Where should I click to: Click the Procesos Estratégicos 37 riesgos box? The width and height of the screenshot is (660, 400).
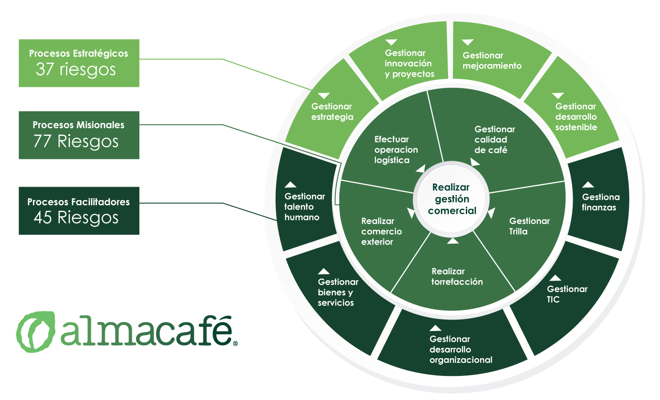point(79,63)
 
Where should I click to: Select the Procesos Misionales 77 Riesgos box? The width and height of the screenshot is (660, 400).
point(79,135)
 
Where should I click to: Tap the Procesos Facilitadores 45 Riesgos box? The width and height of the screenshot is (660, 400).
point(79,211)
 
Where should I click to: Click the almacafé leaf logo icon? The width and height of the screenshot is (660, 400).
point(36,331)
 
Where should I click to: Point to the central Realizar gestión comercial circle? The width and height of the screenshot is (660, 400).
point(452,199)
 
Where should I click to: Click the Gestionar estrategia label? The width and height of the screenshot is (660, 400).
point(332,112)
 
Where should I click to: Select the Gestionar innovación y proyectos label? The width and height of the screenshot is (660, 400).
point(409,63)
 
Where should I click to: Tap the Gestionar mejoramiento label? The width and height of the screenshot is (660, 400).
point(492,61)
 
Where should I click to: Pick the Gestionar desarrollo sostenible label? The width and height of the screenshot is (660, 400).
point(576,117)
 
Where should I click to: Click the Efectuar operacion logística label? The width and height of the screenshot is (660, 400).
point(396,150)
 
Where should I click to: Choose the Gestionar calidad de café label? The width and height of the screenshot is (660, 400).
point(495,140)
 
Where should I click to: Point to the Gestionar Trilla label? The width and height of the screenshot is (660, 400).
point(529,226)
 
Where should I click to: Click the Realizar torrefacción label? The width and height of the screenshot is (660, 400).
point(457,277)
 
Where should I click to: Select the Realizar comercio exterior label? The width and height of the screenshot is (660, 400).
point(382,231)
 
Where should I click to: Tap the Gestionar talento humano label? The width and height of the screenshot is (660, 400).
point(305,207)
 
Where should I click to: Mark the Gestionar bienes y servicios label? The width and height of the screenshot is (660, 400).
point(338,292)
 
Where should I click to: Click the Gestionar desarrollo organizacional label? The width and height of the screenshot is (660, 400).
point(461,349)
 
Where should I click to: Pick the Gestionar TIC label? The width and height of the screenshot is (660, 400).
point(567,294)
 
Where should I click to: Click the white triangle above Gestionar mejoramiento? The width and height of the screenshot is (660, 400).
point(468,42)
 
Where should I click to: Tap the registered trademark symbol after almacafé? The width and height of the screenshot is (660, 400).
point(236,343)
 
